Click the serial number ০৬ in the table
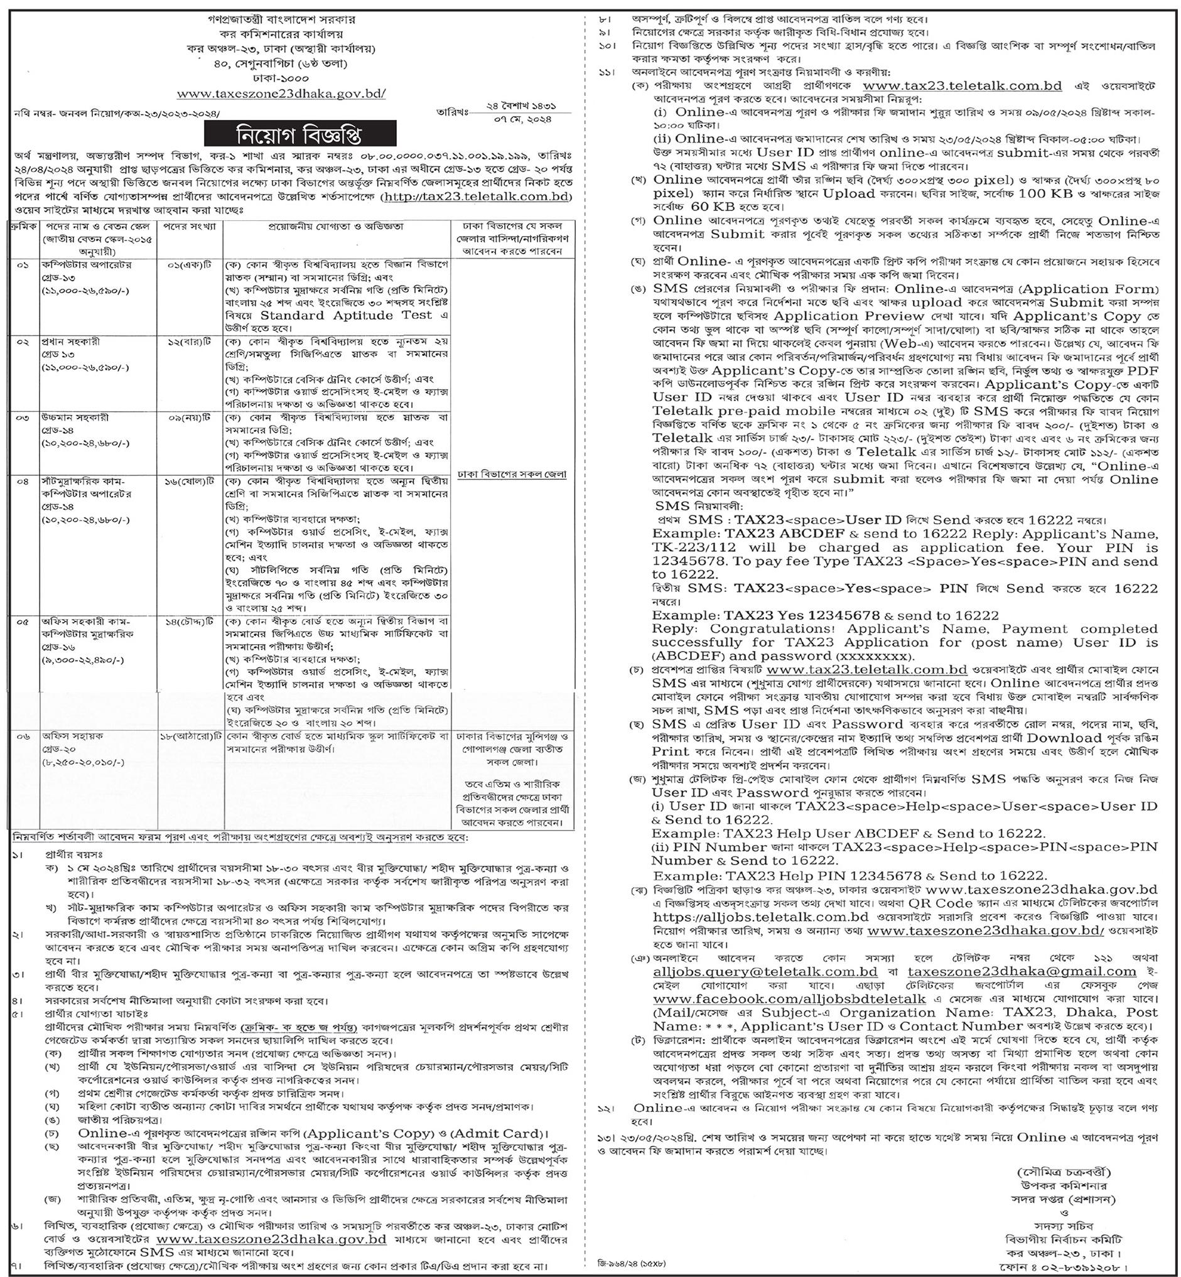24,736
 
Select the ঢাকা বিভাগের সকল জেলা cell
512,475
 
